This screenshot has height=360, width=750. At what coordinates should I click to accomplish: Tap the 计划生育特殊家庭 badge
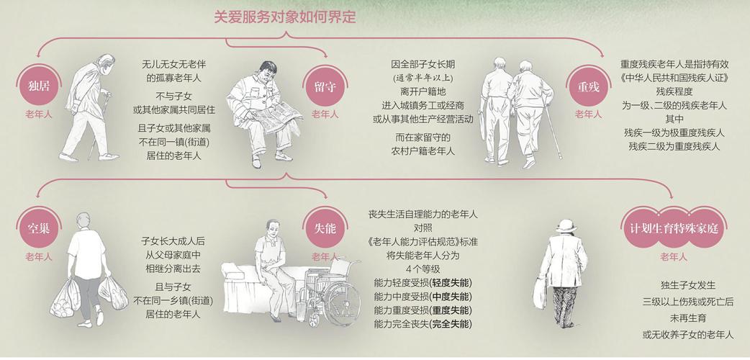(673, 229)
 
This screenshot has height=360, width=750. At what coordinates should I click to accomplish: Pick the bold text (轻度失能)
(451, 283)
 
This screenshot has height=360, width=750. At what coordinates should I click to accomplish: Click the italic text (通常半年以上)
(423, 78)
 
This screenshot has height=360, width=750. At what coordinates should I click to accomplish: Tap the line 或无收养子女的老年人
(687, 335)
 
